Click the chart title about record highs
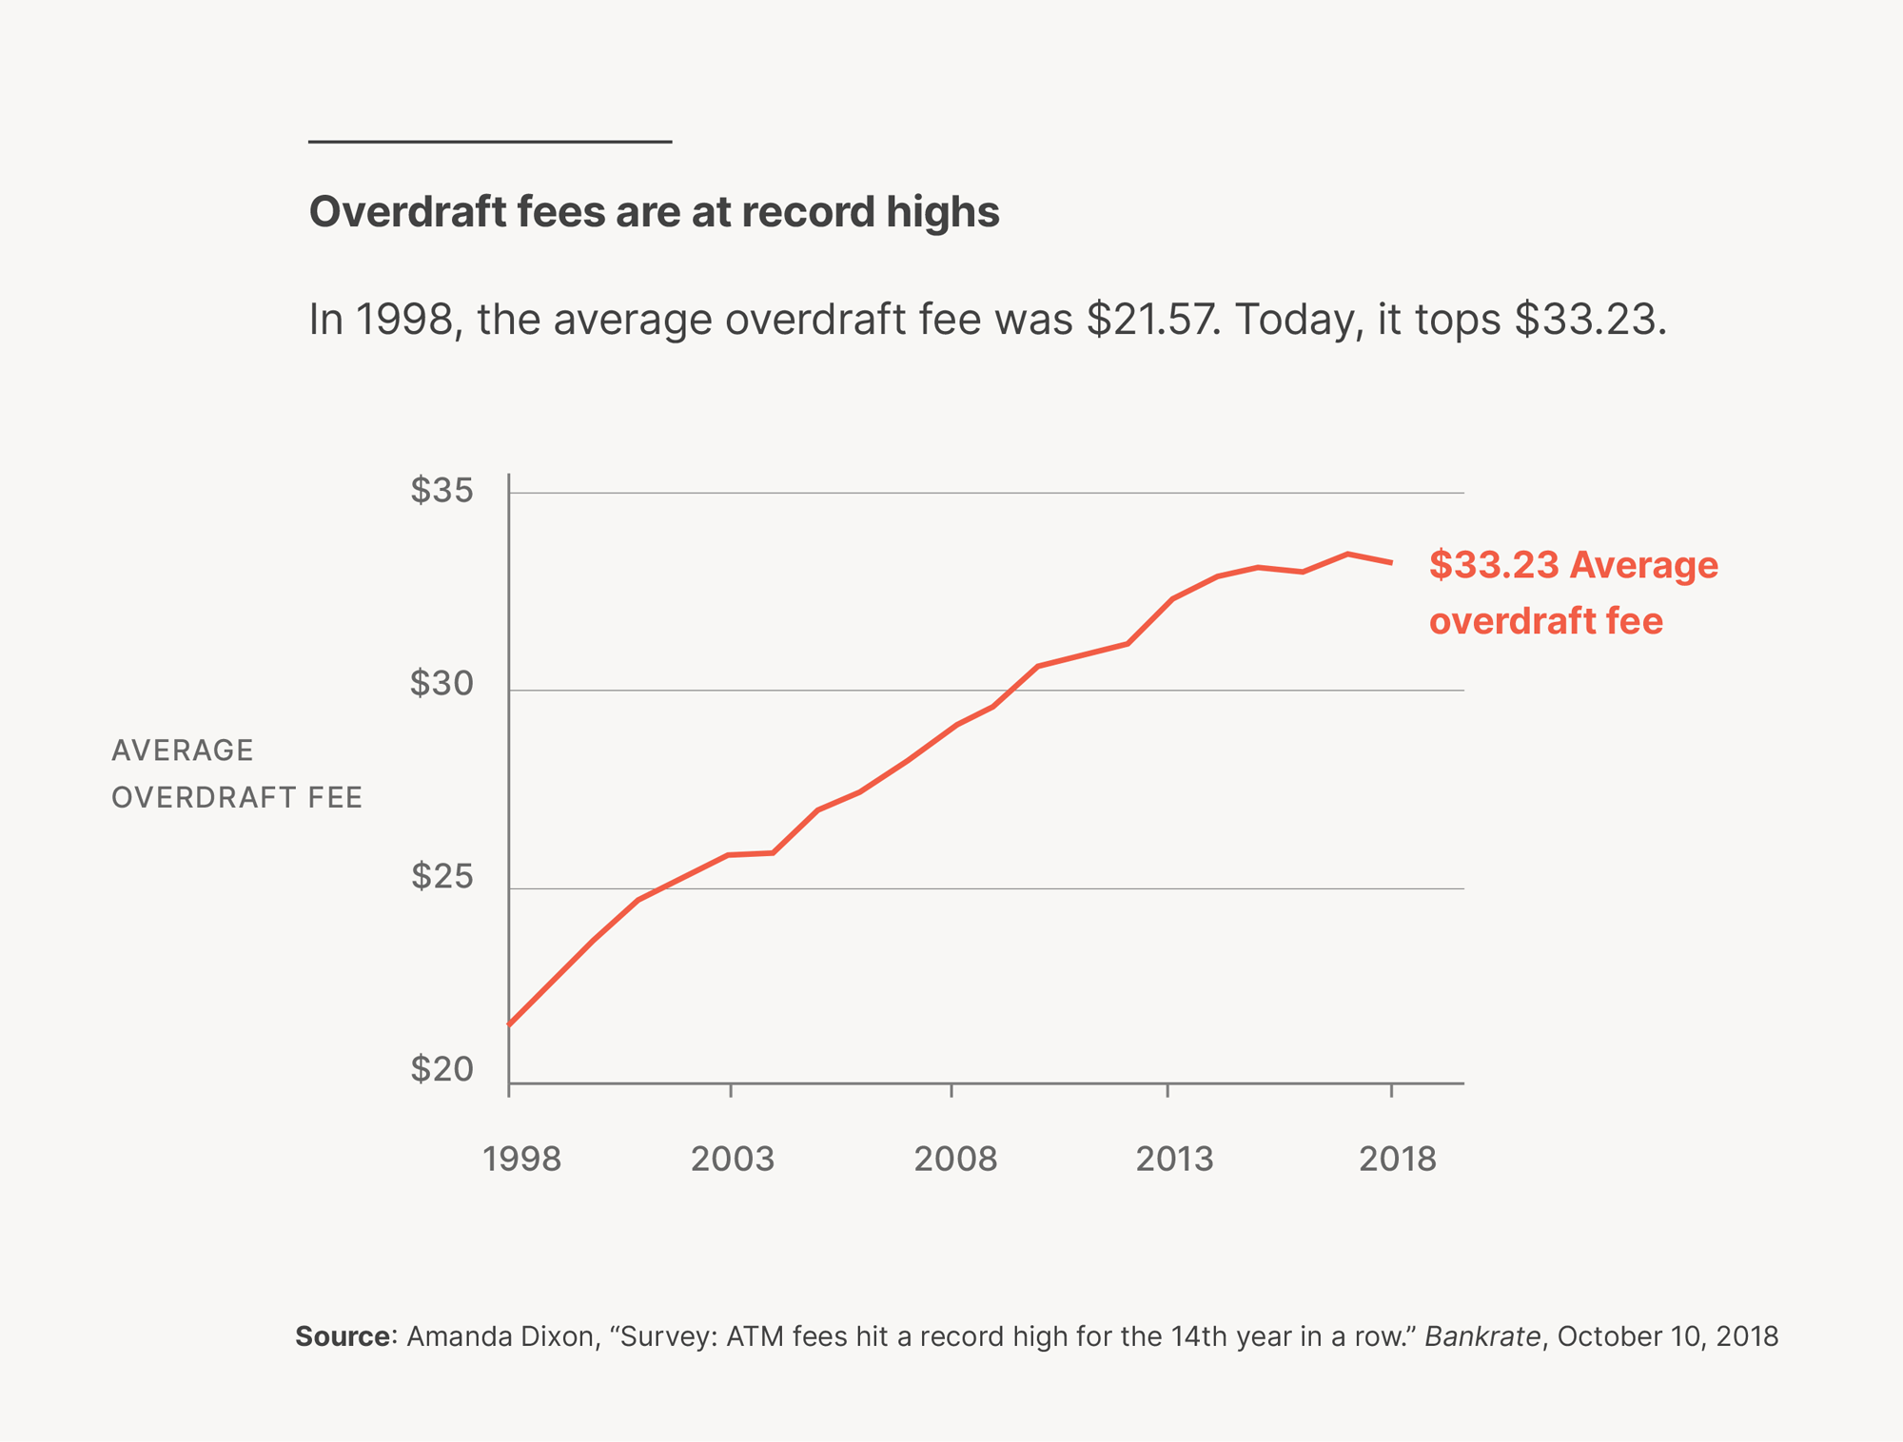click(x=654, y=212)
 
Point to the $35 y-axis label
click(x=441, y=491)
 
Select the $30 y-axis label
click(x=441, y=684)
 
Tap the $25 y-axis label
click(x=441, y=877)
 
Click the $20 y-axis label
click(x=441, y=1070)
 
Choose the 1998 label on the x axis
click(x=521, y=1159)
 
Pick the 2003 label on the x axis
click(x=732, y=1159)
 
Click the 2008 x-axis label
click(x=955, y=1159)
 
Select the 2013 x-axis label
click(x=1174, y=1159)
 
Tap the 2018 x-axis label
click(x=1397, y=1159)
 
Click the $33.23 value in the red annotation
click(x=1494, y=565)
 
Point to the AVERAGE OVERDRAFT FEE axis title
click(x=237, y=774)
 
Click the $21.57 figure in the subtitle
click(x=1151, y=320)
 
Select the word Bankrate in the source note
click(x=1481, y=1337)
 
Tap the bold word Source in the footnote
click(x=342, y=1337)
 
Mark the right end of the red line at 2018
click(x=1391, y=563)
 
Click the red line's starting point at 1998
click(x=510, y=1024)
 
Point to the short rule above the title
click(x=490, y=142)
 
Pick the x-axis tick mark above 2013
click(x=1167, y=1090)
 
